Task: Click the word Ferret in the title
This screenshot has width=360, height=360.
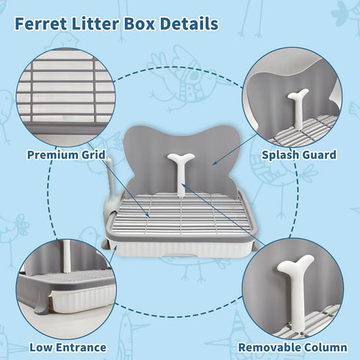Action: (40, 24)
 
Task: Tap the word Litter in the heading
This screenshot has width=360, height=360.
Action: (96, 24)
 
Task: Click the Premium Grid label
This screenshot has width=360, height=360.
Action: (66, 155)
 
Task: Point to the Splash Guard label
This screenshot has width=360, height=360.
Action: (299, 155)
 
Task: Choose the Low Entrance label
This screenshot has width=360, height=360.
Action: (68, 348)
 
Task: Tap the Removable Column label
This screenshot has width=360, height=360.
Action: (292, 348)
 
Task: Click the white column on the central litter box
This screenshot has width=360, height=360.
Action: (181, 174)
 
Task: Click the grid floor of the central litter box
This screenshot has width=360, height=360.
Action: (181, 214)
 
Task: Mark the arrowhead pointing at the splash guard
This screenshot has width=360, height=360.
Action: (214, 163)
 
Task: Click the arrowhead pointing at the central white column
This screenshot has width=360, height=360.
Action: (183, 185)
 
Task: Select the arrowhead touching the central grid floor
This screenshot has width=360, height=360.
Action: (148, 215)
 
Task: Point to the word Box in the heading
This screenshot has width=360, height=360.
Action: (140, 24)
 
